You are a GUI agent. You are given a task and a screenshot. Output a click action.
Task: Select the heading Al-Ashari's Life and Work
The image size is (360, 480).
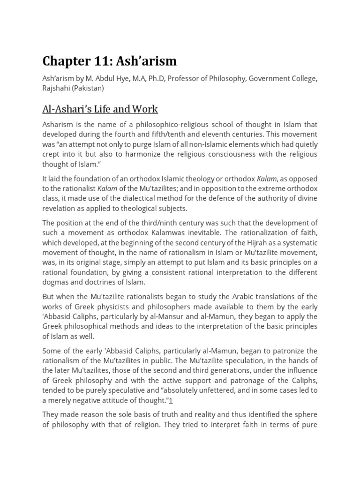tap(100, 109)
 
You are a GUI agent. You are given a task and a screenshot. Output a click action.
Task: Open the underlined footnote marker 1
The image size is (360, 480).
tap(172, 400)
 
